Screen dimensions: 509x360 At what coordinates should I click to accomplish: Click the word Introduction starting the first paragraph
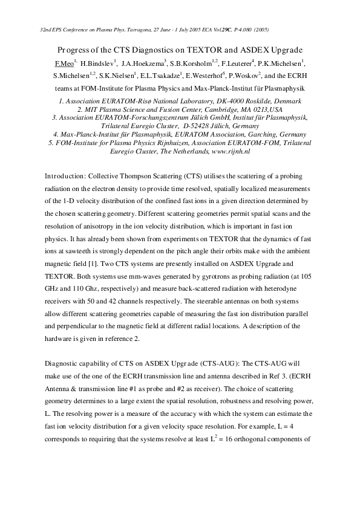click(64, 176)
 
